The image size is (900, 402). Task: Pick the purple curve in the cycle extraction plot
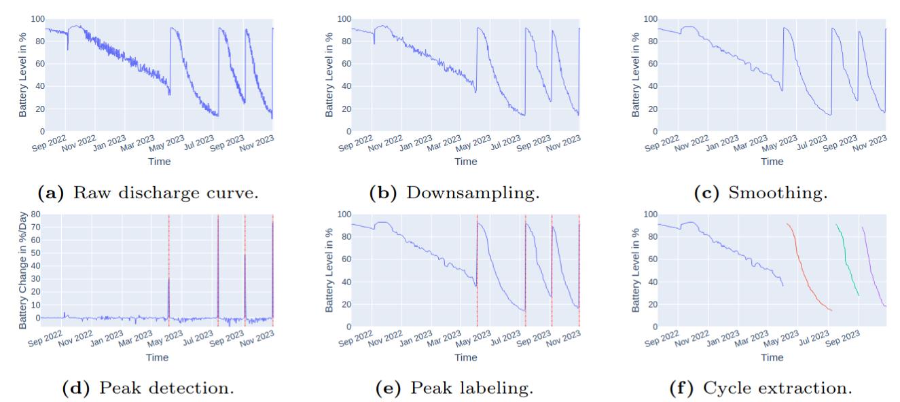(872, 272)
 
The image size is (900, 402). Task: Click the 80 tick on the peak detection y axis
(35, 215)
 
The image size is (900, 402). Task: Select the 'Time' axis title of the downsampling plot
(465, 162)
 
